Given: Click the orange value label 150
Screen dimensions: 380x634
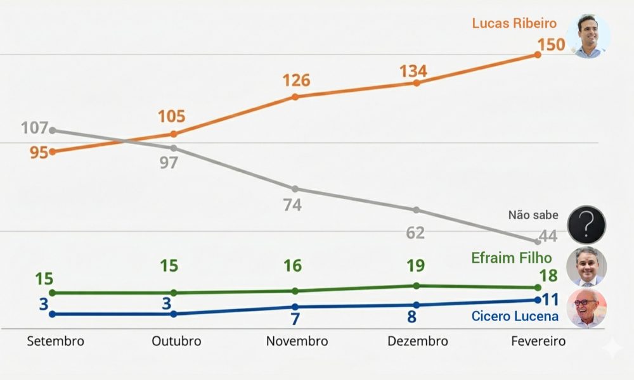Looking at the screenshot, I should (x=551, y=46).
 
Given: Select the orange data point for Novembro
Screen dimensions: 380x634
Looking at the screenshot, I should (x=295, y=96).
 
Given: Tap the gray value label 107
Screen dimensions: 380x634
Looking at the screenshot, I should (x=34, y=128).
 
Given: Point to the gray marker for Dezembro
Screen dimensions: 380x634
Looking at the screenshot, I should (x=417, y=210).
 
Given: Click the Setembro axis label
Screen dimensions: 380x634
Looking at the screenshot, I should (x=56, y=341).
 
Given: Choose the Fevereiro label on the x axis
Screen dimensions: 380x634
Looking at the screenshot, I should (x=538, y=341).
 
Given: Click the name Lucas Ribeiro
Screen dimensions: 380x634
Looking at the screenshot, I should (x=514, y=23).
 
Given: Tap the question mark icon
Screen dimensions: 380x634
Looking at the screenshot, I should (x=586, y=224).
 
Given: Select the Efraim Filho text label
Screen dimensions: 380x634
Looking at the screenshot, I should (x=512, y=258).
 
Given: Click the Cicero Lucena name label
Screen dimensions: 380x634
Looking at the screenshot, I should (x=515, y=316).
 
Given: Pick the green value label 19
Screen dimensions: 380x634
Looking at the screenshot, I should (x=415, y=265).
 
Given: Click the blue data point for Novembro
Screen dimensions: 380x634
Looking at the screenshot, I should (x=295, y=307).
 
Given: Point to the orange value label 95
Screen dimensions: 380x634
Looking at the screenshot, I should (x=39, y=153).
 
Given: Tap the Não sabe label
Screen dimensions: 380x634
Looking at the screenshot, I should (x=533, y=215).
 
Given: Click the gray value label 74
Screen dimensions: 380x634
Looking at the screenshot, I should (x=293, y=205).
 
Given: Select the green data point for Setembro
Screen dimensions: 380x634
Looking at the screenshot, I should (x=53, y=293).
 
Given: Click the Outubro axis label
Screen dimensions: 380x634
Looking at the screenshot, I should (x=176, y=341).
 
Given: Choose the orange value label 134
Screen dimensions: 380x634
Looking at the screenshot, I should (x=413, y=71).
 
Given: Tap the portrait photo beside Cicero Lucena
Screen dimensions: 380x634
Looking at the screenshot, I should (x=586, y=308).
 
